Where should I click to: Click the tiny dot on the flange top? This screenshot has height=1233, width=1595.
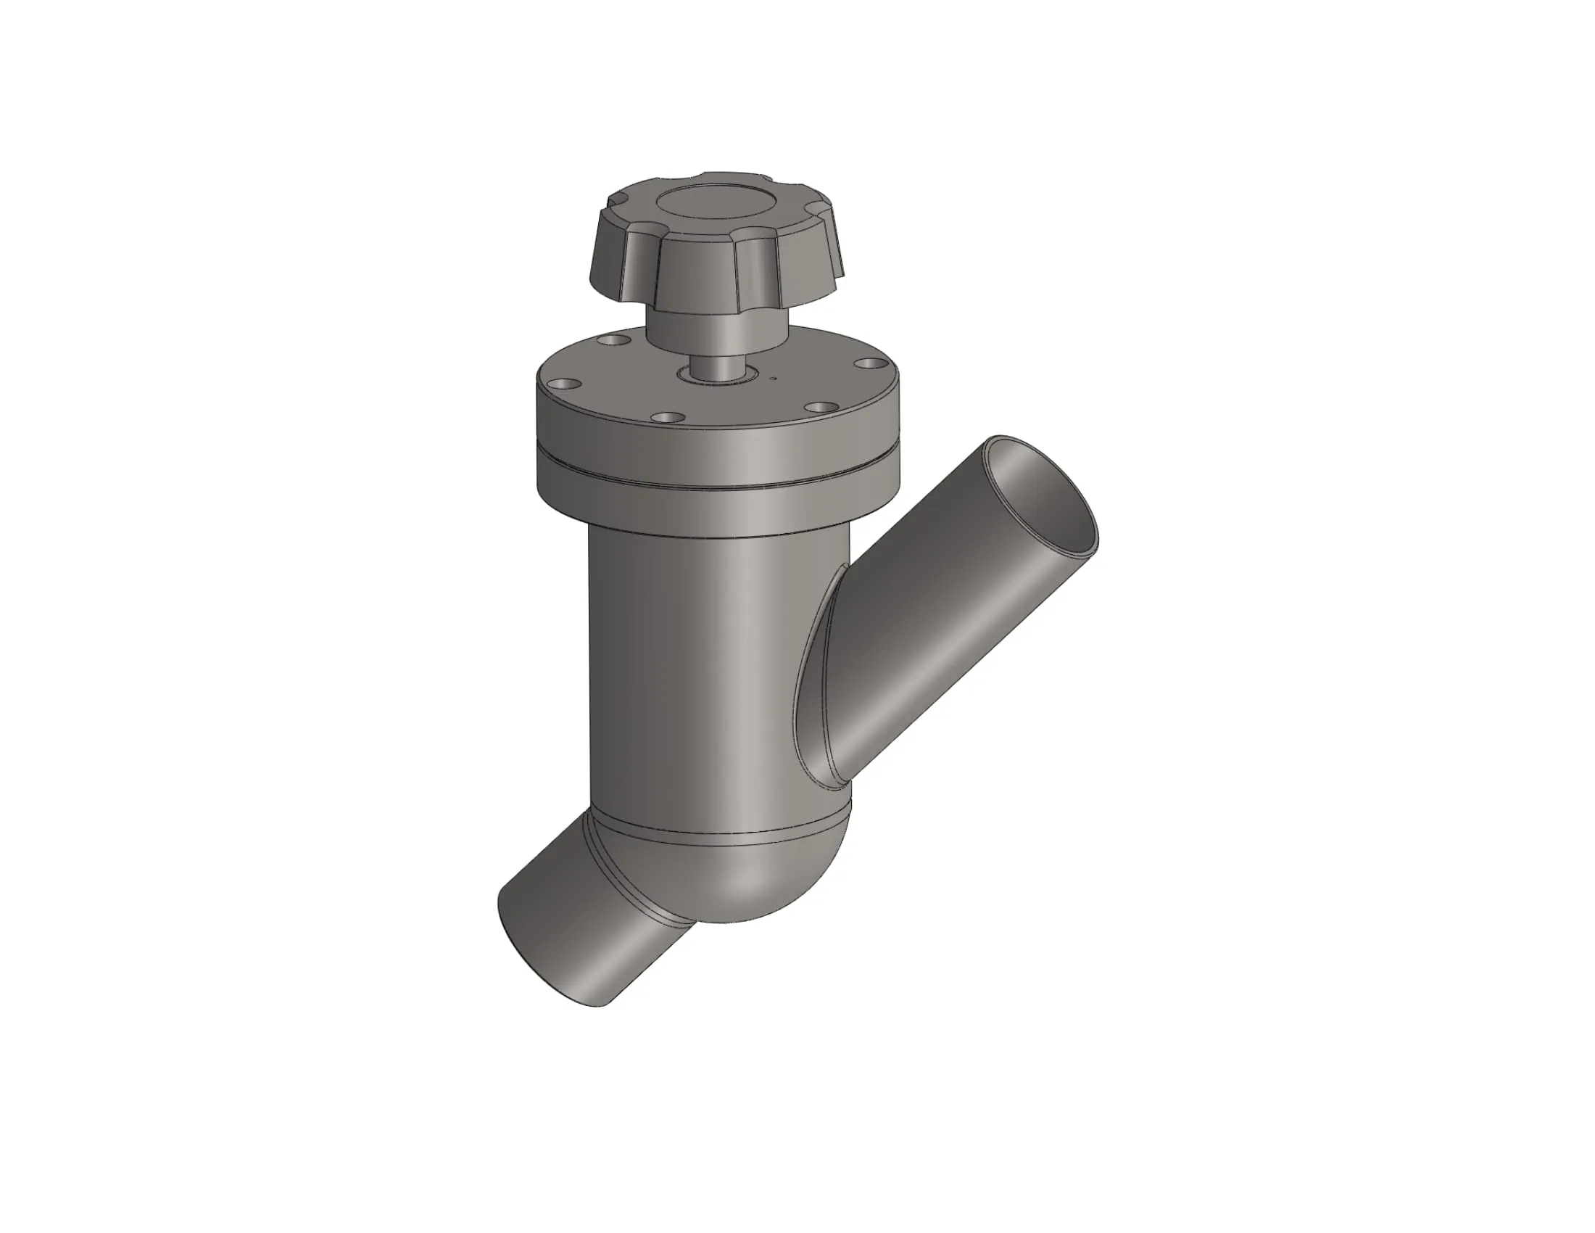click(772, 379)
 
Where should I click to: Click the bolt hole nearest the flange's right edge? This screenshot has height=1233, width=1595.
click(866, 363)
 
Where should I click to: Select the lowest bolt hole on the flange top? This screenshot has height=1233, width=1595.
click(669, 418)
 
